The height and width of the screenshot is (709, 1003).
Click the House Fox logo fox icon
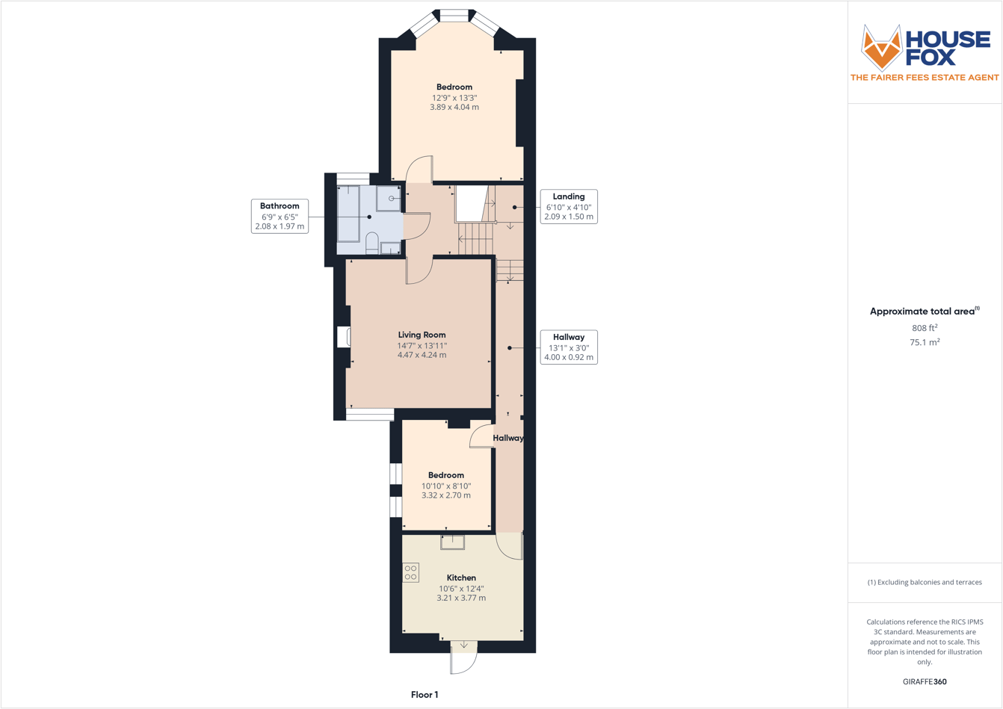coord(882,47)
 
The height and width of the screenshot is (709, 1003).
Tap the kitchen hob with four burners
coord(410,573)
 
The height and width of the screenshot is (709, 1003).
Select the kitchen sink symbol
coord(452,542)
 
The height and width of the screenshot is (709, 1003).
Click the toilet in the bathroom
coord(371,241)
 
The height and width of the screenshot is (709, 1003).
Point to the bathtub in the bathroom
coord(348,214)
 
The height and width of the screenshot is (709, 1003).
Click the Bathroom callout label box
coord(280,216)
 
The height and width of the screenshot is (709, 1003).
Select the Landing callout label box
coord(569,206)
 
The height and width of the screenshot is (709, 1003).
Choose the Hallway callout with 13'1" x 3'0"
coord(569,347)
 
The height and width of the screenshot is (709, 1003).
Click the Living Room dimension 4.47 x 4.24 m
coord(422,356)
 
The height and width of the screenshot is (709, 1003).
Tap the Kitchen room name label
coord(461,578)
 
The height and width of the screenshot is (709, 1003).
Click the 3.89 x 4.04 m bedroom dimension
coord(454,108)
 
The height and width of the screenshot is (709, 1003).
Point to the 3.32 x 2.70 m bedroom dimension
coord(446,495)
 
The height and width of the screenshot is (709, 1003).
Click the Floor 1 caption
coord(425,695)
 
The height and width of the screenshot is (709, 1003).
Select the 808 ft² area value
coord(925,328)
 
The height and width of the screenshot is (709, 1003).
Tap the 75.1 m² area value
coord(925,342)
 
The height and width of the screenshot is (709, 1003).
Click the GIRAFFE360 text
coord(925,681)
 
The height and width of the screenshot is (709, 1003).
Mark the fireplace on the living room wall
coord(344,337)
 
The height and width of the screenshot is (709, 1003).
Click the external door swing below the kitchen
coord(463,657)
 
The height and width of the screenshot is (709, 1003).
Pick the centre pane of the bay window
coord(454,15)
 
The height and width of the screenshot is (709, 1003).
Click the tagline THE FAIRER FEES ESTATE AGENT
coord(925,78)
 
